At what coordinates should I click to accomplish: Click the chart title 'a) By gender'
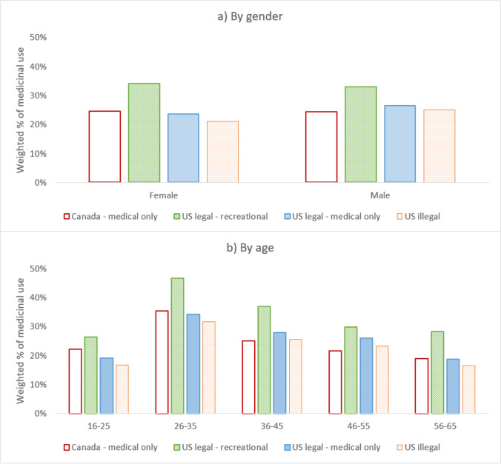click(x=250, y=13)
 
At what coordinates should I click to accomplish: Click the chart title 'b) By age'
click(x=250, y=249)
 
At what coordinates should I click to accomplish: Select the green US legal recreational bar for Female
click(x=144, y=132)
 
